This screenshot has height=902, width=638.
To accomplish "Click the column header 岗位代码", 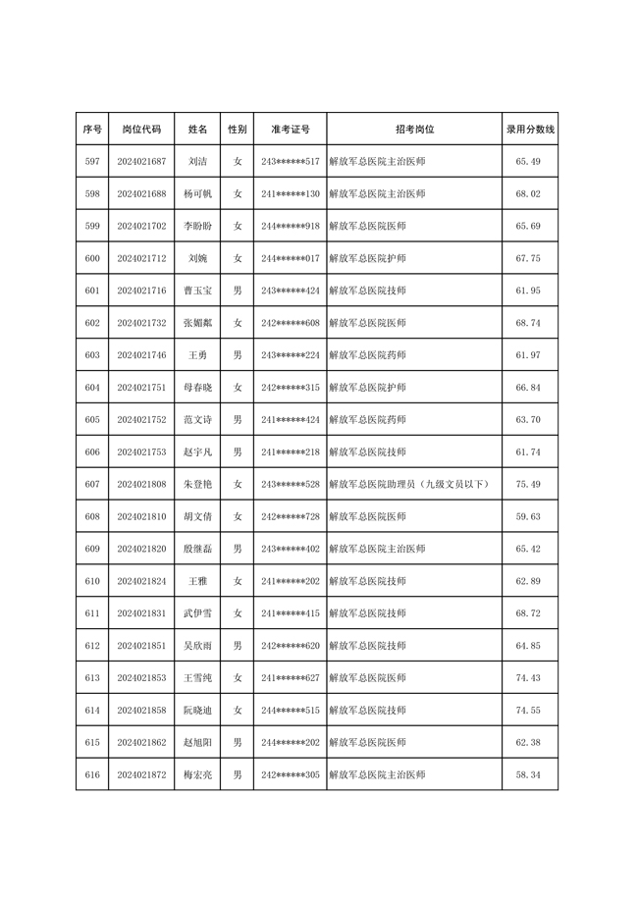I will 141,130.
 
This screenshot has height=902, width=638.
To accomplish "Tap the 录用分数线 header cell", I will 530,130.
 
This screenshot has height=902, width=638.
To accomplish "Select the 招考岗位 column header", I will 414,130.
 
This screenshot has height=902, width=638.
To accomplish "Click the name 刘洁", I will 197,162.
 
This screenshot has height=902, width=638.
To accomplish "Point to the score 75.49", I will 529,484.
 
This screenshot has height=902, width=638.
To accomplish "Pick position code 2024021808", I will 141,484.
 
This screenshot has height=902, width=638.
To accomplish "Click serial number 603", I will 92,355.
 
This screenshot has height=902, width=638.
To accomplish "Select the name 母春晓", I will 197,388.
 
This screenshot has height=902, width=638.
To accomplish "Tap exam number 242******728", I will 291,516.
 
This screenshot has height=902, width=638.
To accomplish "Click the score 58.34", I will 529,774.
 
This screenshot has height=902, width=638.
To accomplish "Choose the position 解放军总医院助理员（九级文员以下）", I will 408,484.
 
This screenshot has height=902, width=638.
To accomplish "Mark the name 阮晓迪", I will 197,710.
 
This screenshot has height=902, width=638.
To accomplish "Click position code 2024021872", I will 141,774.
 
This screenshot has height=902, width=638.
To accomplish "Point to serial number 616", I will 92,774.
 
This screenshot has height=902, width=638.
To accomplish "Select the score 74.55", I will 529,710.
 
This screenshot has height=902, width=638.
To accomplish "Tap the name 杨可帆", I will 197,194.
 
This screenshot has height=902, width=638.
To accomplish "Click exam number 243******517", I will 291,162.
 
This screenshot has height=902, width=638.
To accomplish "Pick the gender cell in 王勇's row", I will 238,355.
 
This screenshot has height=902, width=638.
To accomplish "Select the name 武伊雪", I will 197,613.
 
